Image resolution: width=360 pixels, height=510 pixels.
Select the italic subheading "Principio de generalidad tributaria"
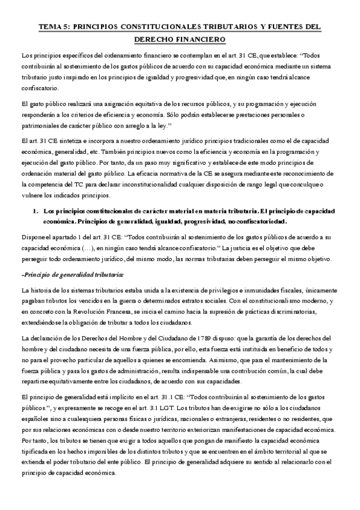tap(72, 275)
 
